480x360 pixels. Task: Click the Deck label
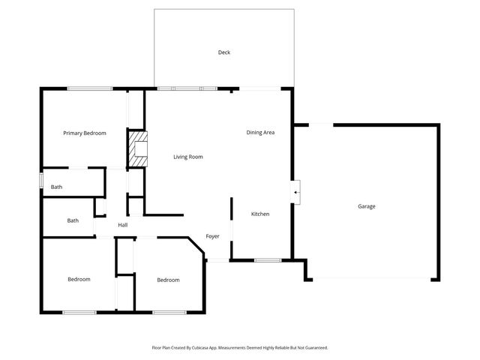[223, 52]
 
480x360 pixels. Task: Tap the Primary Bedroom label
[84, 133]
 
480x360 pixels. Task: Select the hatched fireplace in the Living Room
[136, 148]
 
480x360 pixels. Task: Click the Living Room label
[188, 157]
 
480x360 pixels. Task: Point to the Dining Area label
[260, 133]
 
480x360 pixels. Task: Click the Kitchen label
[260, 214]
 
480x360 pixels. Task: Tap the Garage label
[366, 206]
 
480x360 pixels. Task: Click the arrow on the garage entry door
[296, 193]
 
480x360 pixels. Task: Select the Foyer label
[213, 236]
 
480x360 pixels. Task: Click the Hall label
[122, 225]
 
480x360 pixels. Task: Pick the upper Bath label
[56, 187]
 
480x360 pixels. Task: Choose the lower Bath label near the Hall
[73, 220]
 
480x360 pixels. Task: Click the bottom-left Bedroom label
[79, 279]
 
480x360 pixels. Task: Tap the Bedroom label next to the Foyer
[168, 280]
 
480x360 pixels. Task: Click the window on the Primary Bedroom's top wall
[90, 89]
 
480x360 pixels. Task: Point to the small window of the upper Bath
[41, 181]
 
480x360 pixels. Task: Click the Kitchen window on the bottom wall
[268, 260]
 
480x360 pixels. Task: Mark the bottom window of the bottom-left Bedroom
[79, 312]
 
